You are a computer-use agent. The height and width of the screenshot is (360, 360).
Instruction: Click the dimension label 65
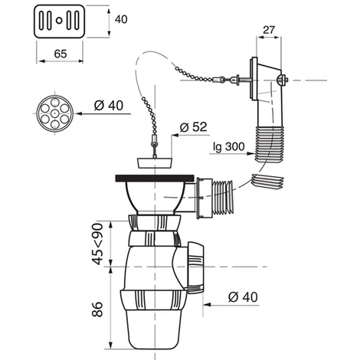click(61, 54)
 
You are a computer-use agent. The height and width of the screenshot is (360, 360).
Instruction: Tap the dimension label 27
click(269, 30)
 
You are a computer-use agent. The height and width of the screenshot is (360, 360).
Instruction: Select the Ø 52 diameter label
click(193, 127)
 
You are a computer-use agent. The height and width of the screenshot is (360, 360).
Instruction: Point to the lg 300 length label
click(229, 147)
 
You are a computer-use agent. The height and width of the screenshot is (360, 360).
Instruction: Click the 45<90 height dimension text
click(98, 244)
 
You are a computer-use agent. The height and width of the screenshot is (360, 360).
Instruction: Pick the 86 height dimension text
click(97, 309)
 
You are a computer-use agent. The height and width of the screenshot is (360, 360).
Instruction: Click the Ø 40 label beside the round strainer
click(109, 105)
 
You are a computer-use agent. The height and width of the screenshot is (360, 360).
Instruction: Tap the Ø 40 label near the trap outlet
click(243, 297)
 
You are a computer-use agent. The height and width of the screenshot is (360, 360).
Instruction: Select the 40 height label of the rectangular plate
click(121, 19)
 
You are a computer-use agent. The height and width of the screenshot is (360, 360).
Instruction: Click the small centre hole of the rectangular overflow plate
click(59, 21)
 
